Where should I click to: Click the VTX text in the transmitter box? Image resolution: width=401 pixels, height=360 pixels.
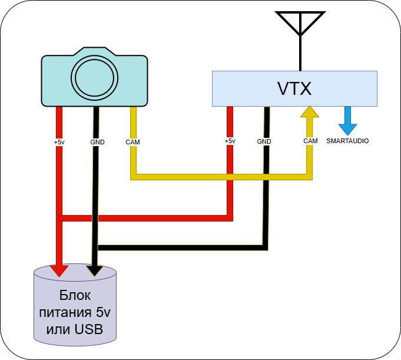point(294,88)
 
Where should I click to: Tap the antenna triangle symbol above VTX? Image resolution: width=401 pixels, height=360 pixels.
point(301,22)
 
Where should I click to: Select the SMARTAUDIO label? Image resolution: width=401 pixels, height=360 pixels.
point(347,141)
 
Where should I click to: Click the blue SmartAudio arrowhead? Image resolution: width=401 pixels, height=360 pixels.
point(347,128)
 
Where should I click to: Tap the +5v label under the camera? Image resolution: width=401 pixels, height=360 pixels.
point(59,142)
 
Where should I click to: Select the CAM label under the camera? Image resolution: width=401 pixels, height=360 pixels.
point(132,142)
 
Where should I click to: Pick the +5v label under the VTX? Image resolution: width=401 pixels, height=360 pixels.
point(230,141)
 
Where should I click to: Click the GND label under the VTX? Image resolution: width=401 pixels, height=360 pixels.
point(264,141)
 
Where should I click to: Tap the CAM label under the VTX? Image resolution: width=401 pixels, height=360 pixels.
point(310,141)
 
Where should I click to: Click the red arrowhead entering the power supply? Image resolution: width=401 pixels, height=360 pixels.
point(59,270)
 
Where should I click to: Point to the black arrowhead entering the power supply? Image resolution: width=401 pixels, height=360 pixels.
point(94,270)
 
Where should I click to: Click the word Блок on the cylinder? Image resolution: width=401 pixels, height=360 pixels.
point(75,295)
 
